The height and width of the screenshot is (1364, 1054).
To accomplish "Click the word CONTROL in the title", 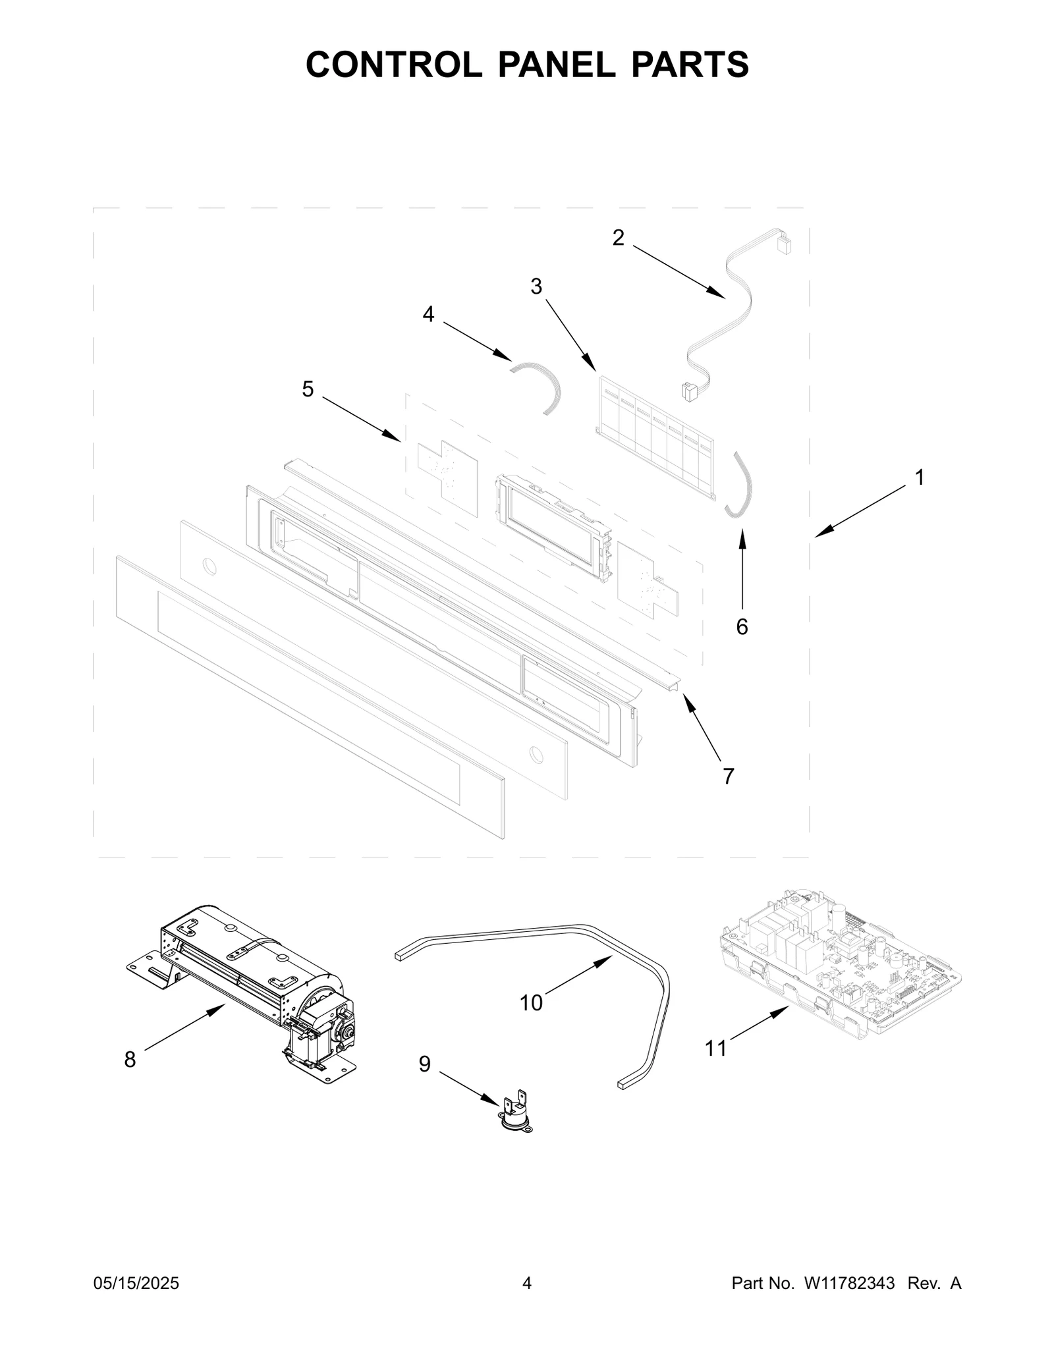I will [x=393, y=65].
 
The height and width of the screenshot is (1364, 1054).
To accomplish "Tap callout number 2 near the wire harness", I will [x=617, y=238].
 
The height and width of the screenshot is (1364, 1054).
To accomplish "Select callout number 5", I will [x=308, y=389].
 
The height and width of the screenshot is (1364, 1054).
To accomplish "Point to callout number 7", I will [x=728, y=777].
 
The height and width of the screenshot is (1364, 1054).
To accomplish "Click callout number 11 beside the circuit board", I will [x=715, y=1048].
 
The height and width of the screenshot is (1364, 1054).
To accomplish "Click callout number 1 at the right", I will [x=920, y=477].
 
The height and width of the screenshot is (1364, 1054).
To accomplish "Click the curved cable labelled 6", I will [x=743, y=484].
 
